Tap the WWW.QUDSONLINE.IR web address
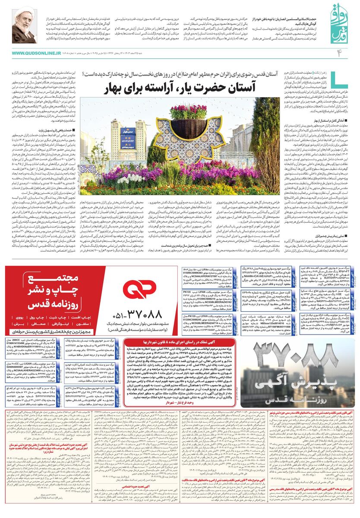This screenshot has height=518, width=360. (36, 53)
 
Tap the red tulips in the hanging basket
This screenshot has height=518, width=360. (188, 111)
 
